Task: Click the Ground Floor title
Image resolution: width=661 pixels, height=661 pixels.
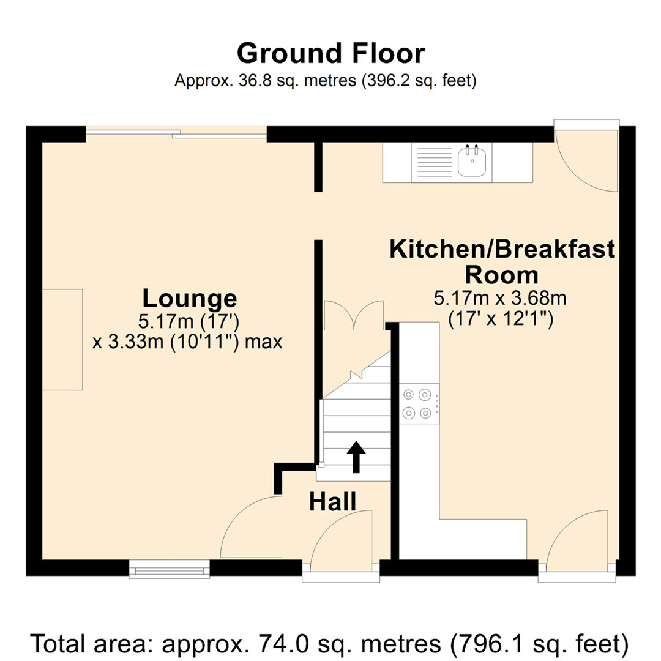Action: pos(331,53)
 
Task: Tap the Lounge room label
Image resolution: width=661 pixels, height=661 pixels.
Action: pos(190,298)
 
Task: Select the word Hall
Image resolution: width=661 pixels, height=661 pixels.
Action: pos(332,502)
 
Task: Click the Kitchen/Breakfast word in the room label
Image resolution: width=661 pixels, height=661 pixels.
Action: pos(502,248)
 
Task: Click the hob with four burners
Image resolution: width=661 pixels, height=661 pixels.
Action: pos(419,404)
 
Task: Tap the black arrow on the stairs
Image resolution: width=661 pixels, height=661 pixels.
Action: pos(356,457)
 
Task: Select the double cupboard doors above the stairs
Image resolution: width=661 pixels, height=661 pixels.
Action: pos(354,315)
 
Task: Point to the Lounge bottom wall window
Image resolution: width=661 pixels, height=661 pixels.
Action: pos(170,569)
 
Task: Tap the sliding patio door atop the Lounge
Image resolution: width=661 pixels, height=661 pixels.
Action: pos(176,133)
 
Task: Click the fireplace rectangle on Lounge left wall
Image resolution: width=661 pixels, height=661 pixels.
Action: pos(62,339)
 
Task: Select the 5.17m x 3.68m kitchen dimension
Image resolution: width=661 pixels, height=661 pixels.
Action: pos(500,299)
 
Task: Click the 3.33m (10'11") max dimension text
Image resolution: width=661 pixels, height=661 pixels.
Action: pos(187,342)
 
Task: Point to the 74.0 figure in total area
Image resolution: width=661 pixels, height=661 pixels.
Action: pos(282,643)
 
